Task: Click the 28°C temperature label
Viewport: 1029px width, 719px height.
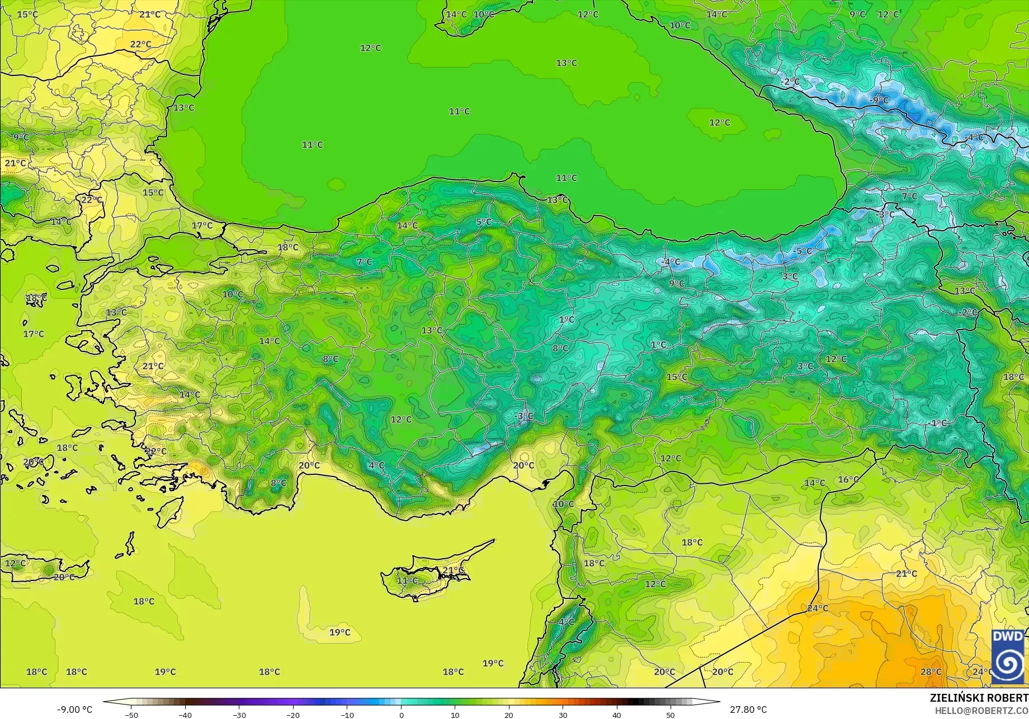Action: click(931, 672)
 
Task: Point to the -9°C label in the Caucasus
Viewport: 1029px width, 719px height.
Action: click(879, 100)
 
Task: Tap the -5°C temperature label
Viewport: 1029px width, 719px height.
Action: click(803, 251)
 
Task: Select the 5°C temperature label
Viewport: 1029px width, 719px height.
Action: click(484, 222)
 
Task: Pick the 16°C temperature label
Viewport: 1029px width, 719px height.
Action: click(848, 479)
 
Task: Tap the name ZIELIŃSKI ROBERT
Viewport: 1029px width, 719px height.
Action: click(979, 698)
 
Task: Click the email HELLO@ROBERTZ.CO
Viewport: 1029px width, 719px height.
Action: click(981, 710)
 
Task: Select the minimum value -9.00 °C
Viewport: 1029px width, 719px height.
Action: click(74, 710)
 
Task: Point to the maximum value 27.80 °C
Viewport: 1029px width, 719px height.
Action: click(748, 710)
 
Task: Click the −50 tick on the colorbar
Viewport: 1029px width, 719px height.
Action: click(131, 715)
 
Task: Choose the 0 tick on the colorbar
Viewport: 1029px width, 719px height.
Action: click(401, 715)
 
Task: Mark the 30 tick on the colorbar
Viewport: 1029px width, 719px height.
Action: click(563, 715)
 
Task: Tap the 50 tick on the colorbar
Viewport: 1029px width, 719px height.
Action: click(671, 715)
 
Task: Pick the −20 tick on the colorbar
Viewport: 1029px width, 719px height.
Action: click(293, 715)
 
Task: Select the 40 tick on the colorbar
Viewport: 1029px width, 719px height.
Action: click(616, 715)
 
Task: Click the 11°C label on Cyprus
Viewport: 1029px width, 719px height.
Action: click(407, 580)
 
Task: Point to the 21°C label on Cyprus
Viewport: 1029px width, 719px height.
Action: click(453, 570)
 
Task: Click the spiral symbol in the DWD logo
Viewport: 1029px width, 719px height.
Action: click(1008, 663)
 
